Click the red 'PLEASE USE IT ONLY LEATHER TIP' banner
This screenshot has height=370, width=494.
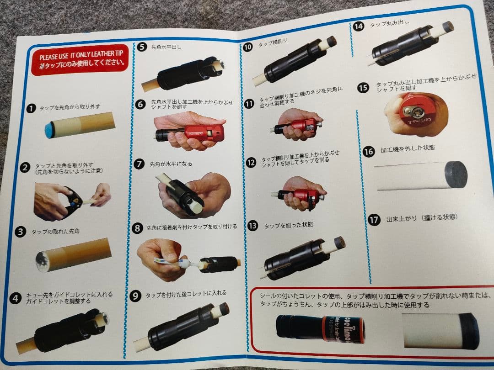point(80,61)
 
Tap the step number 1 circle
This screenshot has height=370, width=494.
point(31,108)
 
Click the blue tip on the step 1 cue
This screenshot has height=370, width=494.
point(50,129)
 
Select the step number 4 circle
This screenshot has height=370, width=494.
point(16,298)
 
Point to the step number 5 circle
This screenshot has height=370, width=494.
point(142,47)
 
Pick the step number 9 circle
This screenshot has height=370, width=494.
point(135,296)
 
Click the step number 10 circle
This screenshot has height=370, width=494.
point(248,47)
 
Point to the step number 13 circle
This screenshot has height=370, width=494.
point(253,225)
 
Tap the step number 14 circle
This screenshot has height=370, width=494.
point(359,26)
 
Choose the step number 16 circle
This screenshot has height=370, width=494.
point(369,151)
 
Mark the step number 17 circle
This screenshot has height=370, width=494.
point(374,219)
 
